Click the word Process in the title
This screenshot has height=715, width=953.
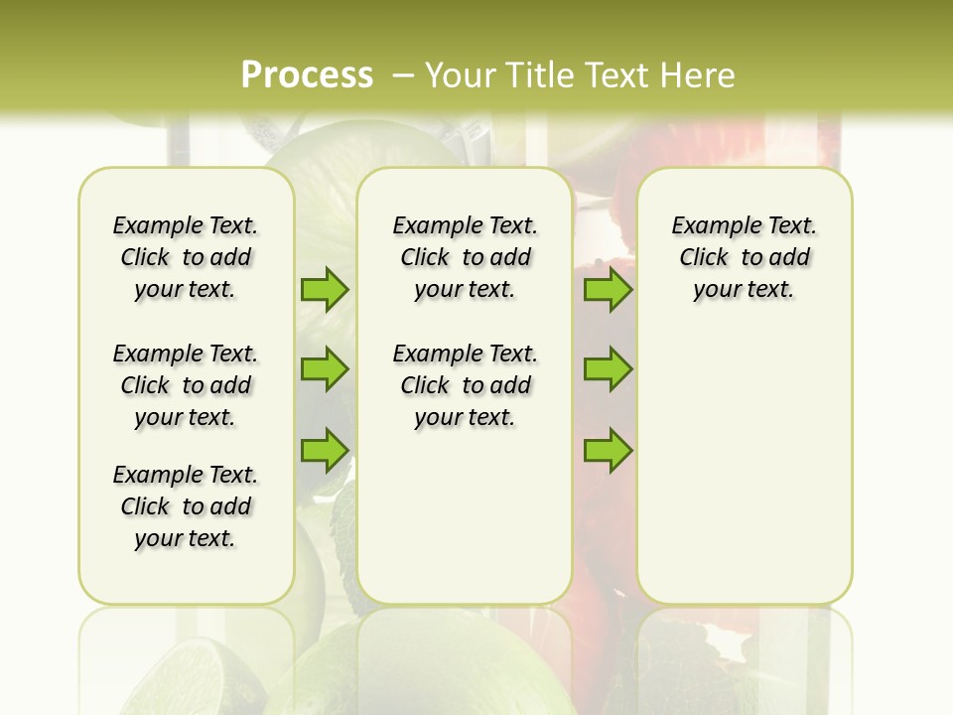(307, 74)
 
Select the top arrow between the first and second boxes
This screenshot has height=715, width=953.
(325, 289)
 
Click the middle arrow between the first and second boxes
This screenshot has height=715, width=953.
(325, 369)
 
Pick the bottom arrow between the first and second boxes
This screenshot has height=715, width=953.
(325, 450)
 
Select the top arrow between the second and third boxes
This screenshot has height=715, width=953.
(608, 289)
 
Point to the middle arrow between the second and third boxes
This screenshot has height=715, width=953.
(608, 369)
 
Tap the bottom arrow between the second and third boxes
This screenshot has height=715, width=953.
(608, 450)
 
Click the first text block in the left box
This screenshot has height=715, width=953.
(186, 257)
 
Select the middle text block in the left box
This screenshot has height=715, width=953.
(186, 385)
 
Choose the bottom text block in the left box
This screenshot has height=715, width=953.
(186, 506)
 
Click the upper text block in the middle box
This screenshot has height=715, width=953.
(465, 257)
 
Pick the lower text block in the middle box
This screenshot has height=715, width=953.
(465, 385)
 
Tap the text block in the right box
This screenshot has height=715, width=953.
(744, 257)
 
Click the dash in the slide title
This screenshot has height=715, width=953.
(403, 74)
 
